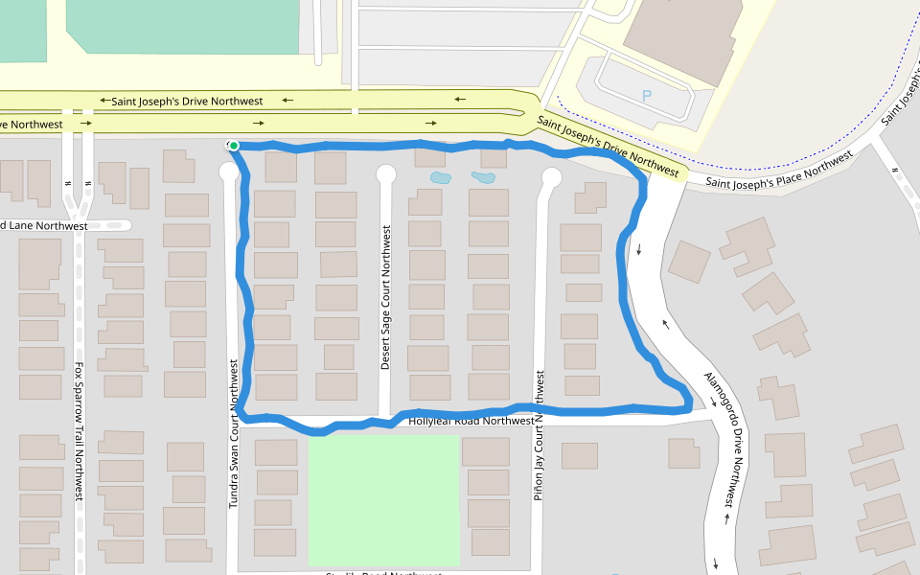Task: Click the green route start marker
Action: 233,146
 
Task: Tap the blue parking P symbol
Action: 646,96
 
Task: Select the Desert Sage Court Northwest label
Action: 386,298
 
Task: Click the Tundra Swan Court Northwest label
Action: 233,433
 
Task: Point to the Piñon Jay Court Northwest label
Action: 539,436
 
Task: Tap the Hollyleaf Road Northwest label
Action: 471,421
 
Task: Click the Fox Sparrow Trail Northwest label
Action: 80,430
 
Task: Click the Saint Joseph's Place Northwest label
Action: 778,170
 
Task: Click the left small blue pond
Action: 440,178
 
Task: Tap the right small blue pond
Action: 482,177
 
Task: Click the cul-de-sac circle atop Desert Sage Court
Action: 386,173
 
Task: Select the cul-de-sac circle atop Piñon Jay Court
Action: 551,176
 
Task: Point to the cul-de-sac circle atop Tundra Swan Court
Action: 229,172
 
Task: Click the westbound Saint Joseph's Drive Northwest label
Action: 187,101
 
